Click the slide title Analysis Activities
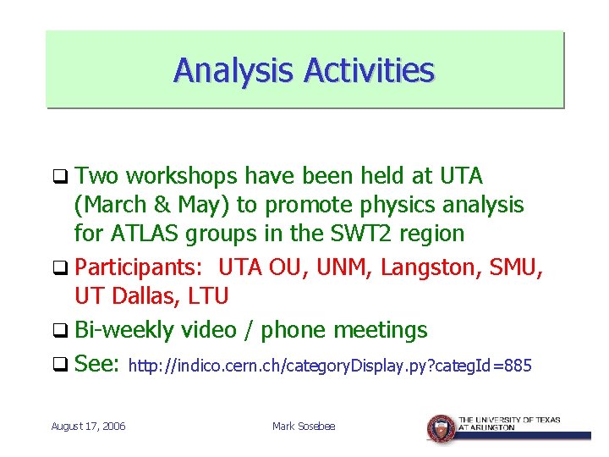click(304, 70)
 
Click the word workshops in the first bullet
click(183, 176)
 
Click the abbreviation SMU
click(518, 268)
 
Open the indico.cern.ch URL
click(330, 366)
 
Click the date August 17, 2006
click(88, 426)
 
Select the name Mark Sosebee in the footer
click(304, 426)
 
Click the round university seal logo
click(441, 428)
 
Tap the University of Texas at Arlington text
click(509, 423)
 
